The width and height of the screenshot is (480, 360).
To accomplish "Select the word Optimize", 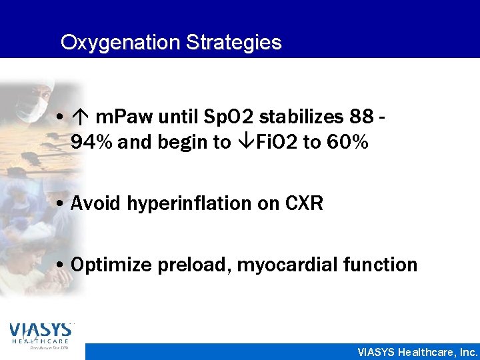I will coord(111,265).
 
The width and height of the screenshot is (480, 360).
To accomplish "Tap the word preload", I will coord(193,265).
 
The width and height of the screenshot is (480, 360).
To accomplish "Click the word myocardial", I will coord(287,265).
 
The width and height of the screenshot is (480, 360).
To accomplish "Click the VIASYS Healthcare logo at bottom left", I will coord(42,336).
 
